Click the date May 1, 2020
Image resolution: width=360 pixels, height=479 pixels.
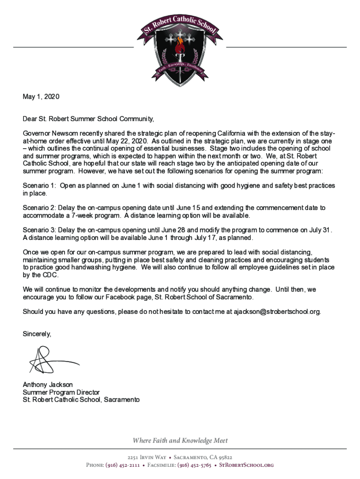click(42, 97)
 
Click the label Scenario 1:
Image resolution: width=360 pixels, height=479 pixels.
click(40, 186)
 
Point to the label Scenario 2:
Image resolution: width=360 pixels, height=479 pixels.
click(40, 208)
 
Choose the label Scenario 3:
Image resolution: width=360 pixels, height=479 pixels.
click(40, 230)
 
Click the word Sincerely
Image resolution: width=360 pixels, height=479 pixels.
click(37, 334)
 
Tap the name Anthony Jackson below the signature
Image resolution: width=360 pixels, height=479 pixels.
click(48, 385)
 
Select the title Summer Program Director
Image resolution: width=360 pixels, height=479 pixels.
click(61, 392)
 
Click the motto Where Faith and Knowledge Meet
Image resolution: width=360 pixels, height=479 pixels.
click(180, 441)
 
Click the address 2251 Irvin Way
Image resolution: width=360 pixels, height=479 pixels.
click(146, 457)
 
